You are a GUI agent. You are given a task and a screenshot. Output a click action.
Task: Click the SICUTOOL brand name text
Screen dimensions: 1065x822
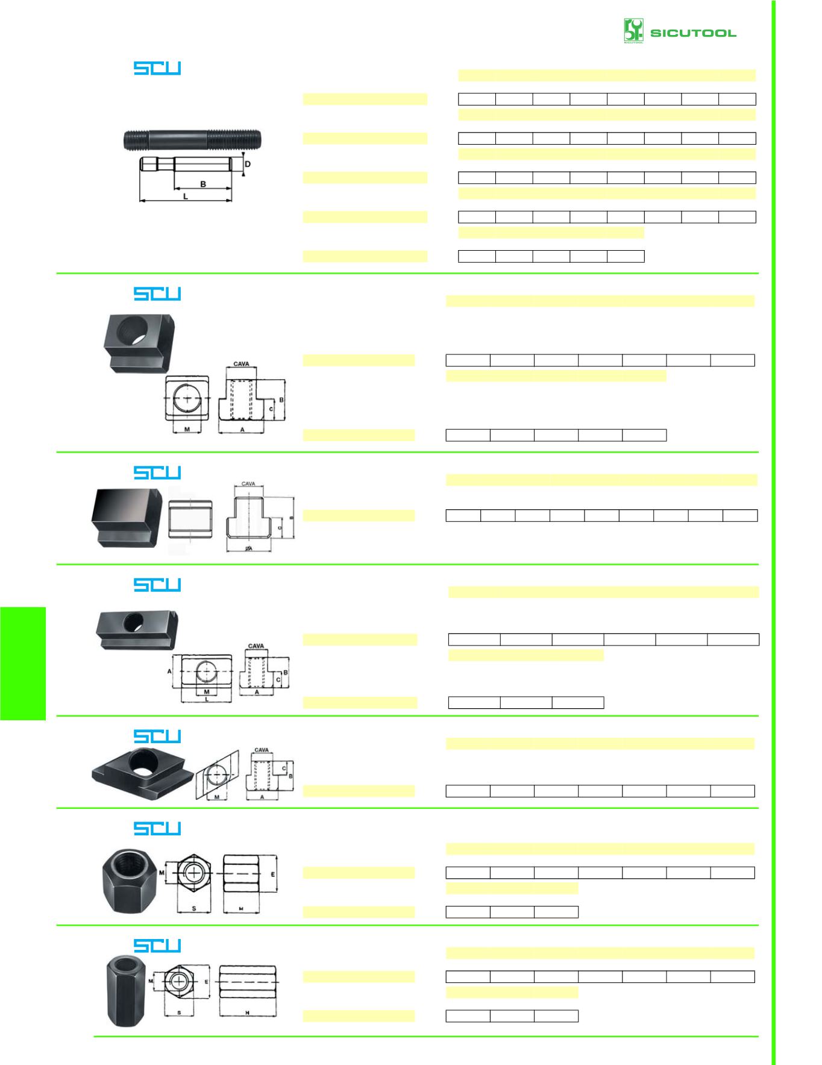pyautogui.click(x=693, y=33)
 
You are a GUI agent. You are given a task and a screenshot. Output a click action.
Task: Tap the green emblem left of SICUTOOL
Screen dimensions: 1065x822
pyautogui.click(x=633, y=31)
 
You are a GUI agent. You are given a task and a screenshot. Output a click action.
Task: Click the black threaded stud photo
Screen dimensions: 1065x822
pyautogui.click(x=192, y=140)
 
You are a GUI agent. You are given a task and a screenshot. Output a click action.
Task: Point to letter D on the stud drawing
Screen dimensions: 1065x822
pyautogui.click(x=247, y=164)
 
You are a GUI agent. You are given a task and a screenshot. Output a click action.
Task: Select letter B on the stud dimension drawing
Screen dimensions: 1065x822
pyautogui.click(x=203, y=184)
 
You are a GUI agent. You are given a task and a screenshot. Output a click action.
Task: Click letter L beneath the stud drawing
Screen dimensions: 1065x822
pyautogui.click(x=186, y=196)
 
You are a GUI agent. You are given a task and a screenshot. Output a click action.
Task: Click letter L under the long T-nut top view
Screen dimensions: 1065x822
pyautogui.click(x=207, y=699)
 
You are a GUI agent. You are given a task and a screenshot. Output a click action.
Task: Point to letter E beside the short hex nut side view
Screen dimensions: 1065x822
pyautogui.click(x=273, y=874)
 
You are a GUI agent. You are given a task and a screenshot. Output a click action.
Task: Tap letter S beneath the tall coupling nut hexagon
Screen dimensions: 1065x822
pyautogui.click(x=179, y=1013)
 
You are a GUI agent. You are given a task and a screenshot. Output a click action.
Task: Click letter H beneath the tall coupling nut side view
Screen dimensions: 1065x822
pyautogui.click(x=247, y=1013)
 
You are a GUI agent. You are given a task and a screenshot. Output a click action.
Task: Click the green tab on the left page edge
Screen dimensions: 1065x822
pyautogui.click(x=23, y=663)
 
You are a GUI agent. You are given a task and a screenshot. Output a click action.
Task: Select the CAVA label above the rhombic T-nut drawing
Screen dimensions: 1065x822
pyautogui.click(x=262, y=750)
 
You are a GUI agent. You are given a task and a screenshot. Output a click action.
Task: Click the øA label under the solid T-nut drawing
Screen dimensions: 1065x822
pyautogui.click(x=248, y=548)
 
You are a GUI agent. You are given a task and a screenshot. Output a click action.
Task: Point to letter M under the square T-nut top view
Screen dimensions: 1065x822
pyautogui.click(x=187, y=430)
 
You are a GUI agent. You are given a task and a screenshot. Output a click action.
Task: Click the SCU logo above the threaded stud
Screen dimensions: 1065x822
pyautogui.click(x=157, y=68)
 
